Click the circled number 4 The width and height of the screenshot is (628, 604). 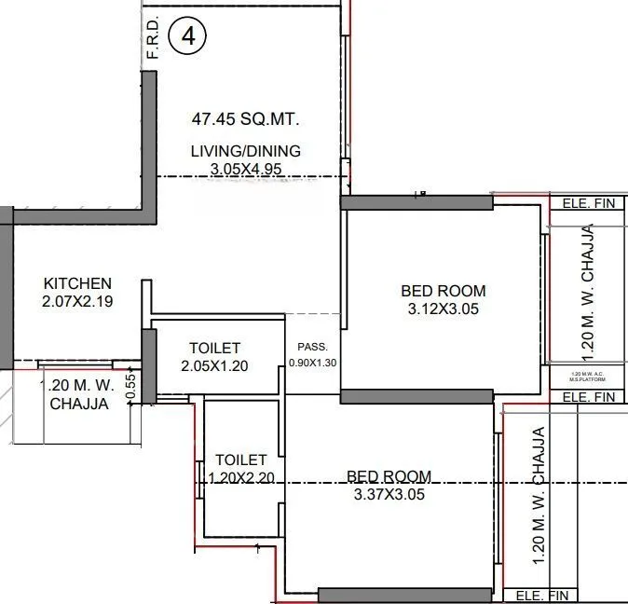point(190,36)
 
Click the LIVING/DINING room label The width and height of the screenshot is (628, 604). point(246,151)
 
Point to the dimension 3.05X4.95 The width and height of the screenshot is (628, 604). point(246,169)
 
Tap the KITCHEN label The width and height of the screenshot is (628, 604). point(78,283)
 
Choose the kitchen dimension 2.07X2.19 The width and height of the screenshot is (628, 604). point(78,301)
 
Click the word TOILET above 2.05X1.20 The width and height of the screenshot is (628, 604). point(214,348)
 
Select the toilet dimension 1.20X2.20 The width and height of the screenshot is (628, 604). point(240,477)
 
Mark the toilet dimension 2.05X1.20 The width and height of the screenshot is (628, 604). point(214,365)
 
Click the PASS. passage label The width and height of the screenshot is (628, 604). point(311,346)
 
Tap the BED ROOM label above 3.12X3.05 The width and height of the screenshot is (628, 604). point(444,291)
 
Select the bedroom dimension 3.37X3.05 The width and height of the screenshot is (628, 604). point(389,495)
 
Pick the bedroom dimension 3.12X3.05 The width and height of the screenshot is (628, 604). point(444,309)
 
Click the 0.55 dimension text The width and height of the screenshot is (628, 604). point(131,388)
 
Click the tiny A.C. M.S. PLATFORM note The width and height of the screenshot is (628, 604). point(587,377)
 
